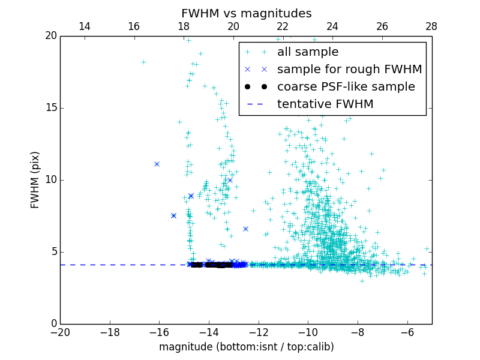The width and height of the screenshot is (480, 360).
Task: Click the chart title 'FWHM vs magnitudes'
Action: tap(246, 13)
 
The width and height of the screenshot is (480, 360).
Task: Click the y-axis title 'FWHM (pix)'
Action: tap(35, 179)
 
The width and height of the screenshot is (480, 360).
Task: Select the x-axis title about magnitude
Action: tap(246, 347)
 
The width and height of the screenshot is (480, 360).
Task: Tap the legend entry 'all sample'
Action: tap(307, 52)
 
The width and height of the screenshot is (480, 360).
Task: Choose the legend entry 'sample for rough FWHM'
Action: tap(349, 70)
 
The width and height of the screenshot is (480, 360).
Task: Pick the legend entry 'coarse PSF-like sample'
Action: tap(346, 87)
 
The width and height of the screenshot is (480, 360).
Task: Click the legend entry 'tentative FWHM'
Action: tap(325, 104)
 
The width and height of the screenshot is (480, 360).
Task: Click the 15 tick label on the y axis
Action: tap(50, 108)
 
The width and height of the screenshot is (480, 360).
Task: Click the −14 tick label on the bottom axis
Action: tap(208, 332)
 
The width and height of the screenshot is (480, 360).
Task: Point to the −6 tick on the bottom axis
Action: tap(407, 332)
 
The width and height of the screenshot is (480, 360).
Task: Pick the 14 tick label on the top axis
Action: tap(85, 26)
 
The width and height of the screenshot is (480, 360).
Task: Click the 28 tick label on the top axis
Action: tap(431, 26)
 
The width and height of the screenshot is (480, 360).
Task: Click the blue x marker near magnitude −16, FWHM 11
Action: tap(157, 164)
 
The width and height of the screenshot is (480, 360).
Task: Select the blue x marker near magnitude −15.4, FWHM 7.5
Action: tap(173, 215)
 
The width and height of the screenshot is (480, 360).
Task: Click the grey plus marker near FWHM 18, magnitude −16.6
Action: tap(143, 62)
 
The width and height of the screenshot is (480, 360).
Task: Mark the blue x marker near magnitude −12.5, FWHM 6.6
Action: tap(245, 229)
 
